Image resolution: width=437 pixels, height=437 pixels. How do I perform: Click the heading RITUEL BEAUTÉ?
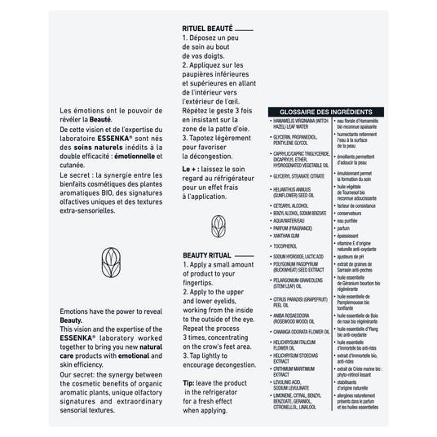pyautogui.click(x=207, y=29)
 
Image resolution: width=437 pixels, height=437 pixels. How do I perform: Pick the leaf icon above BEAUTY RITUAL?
pyautogui.click(x=218, y=225)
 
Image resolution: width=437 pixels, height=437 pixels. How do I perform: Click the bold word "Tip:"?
pyautogui.click(x=188, y=382)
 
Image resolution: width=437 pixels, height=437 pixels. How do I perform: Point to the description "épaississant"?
pyautogui.click(x=351, y=236)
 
